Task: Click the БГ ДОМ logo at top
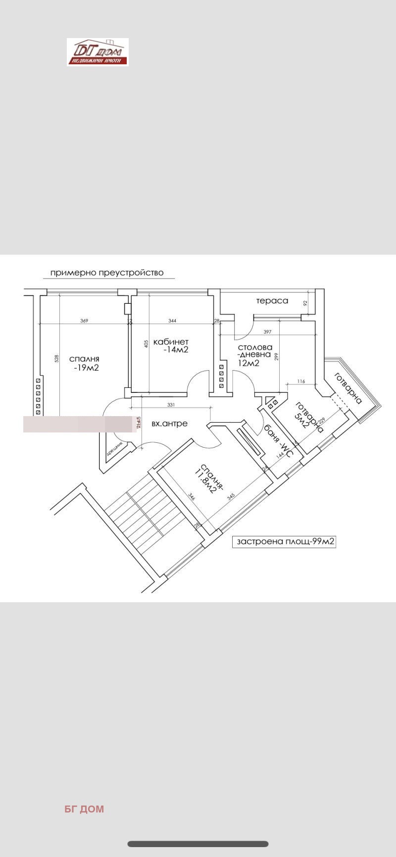[x=98, y=52]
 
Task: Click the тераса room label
[x=272, y=301]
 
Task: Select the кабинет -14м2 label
[x=171, y=345]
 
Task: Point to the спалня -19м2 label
[x=84, y=363]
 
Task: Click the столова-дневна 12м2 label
[x=254, y=355]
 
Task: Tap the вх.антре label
[x=169, y=424]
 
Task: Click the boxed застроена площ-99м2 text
[x=285, y=541]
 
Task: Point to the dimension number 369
[x=84, y=321]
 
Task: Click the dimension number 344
[x=172, y=321]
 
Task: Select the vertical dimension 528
[x=56, y=358]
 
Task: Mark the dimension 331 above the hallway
[x=171, y=405]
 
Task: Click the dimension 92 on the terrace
[x=305, y=303]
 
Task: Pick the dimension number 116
[x=301, y=381]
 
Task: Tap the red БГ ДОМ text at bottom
[x=84, y=809]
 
